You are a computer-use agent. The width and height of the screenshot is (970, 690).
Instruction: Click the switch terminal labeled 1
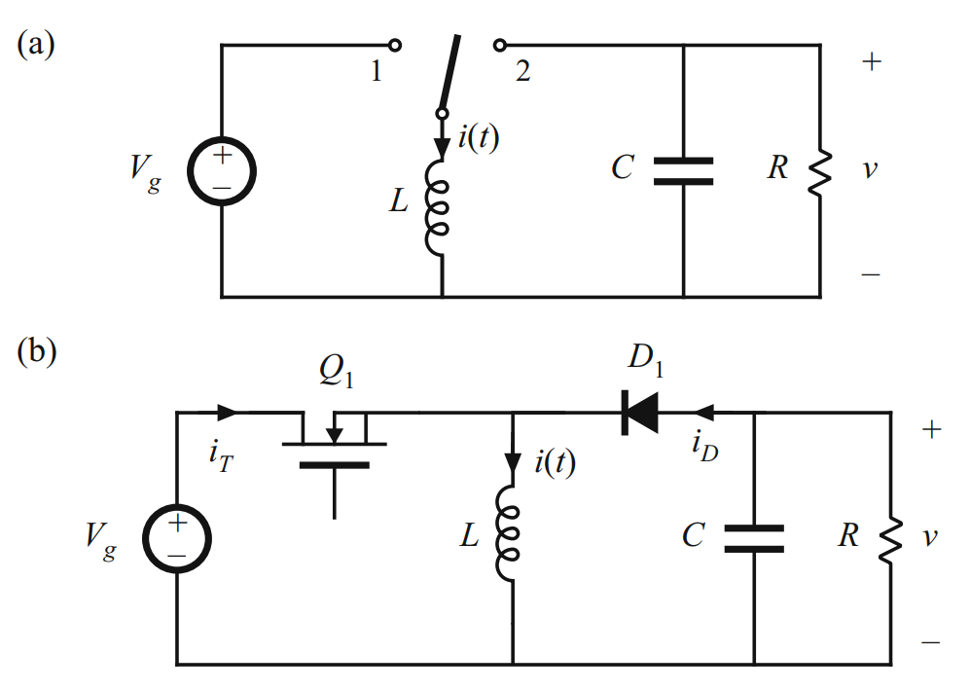[x=394, y=46]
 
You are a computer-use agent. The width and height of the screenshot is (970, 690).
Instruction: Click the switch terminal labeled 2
[x=500, y=46]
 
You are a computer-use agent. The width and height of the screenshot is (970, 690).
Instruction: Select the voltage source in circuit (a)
[x=222, y=169]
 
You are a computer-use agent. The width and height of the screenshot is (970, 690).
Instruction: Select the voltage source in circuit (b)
[x=177, y=538]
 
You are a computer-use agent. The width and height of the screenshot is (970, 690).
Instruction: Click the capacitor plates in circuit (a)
[x=683, y=170]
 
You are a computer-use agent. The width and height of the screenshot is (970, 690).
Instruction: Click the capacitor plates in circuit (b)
[x=754, y=538]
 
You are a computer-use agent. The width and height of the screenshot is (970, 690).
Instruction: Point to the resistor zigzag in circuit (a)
[x=819, y=170]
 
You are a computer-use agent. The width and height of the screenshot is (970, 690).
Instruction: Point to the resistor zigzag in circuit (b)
[x=890, y=538]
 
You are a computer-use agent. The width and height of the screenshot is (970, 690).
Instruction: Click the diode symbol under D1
[x=639, y=414]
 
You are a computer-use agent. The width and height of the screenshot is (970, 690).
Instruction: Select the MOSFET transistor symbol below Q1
[x=335, y=448]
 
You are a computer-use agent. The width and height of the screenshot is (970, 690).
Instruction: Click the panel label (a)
[x=37, y=46]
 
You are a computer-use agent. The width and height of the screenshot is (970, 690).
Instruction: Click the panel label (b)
[x=37, y=351]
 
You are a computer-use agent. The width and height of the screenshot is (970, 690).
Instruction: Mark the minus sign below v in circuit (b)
[x=931, y=643]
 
